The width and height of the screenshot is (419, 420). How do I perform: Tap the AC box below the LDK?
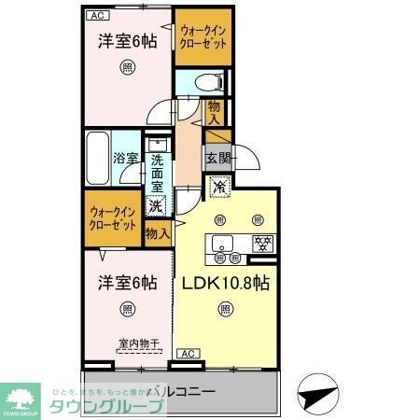point(187,353)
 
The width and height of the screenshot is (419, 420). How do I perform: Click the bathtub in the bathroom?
point(98,160)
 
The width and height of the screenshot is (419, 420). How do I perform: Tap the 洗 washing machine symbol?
point(158,206)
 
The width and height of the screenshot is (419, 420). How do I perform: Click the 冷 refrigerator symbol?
point(219,188)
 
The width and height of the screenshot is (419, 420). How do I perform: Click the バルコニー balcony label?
point(183,392)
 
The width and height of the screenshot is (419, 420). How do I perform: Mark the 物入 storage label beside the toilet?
point(214,113)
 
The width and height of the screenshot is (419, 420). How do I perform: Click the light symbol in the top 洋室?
point(127,67)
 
